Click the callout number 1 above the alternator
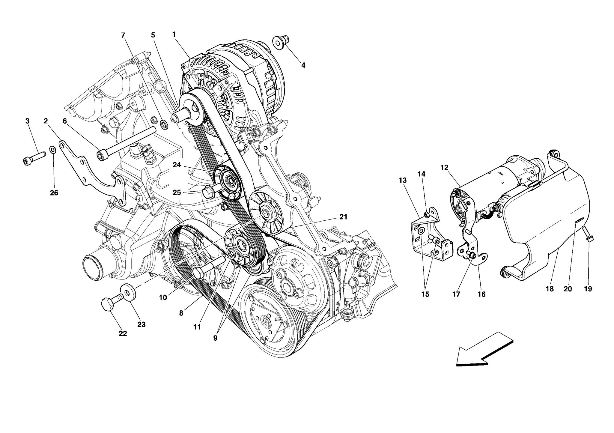[x=174, y=34]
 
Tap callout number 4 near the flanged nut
[x=303, y=65]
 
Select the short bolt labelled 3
[x=34, y=158]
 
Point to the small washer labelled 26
[x=52, y=149]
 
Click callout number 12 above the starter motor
[x=444, y=167]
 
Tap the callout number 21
[x=343, y=217]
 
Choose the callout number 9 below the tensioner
[x=215, y=338]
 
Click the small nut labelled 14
[x=426, y=214]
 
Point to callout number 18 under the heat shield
[x=550, y=289]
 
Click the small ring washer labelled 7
[x=164, y=124]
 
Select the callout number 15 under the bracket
[x=425, y=294]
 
